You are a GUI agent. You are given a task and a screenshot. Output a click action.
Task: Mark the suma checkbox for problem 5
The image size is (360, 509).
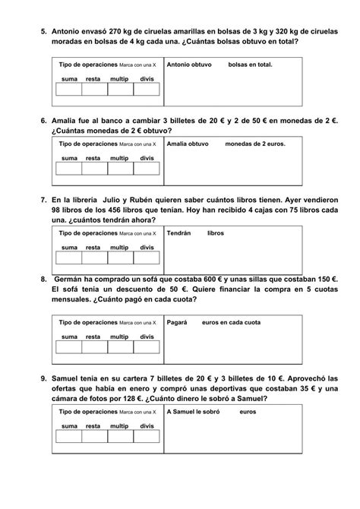point(69,90)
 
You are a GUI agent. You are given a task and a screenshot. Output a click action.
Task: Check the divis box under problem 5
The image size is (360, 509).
point(147,90)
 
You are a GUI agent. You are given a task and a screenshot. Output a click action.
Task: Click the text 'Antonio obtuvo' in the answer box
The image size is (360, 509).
point(190,65)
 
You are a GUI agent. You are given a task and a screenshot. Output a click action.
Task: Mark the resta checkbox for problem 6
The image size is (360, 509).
point(94,168)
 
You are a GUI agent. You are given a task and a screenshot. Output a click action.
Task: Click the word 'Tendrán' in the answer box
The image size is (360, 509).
point(178,233)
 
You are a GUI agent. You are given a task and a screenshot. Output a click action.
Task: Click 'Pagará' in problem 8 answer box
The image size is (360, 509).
point(177,322)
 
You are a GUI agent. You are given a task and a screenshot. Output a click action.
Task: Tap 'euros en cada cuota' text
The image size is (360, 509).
point(233,322)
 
